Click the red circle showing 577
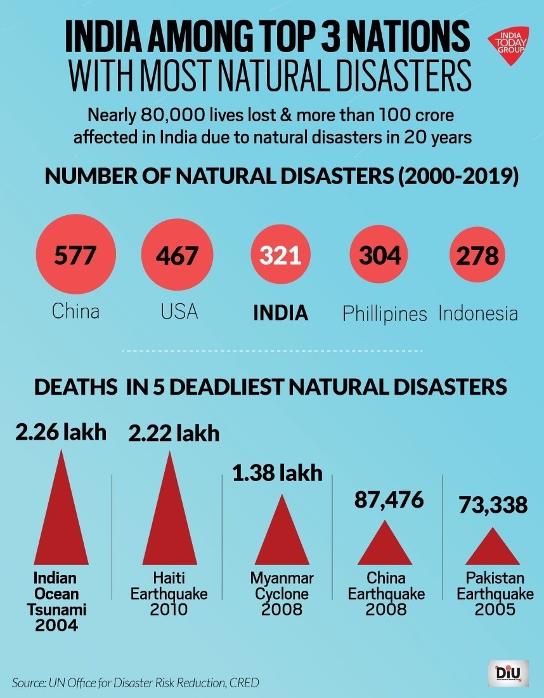(x=75, y=256)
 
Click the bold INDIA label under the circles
(x=280, y=312)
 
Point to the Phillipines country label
(x=385, y=313)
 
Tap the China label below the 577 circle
(x=75, y=312)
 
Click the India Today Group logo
(x=512, y=45)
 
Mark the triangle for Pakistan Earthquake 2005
(x=492, y=548)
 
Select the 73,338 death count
(x=493, y=505)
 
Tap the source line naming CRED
(x=135, y=683)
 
